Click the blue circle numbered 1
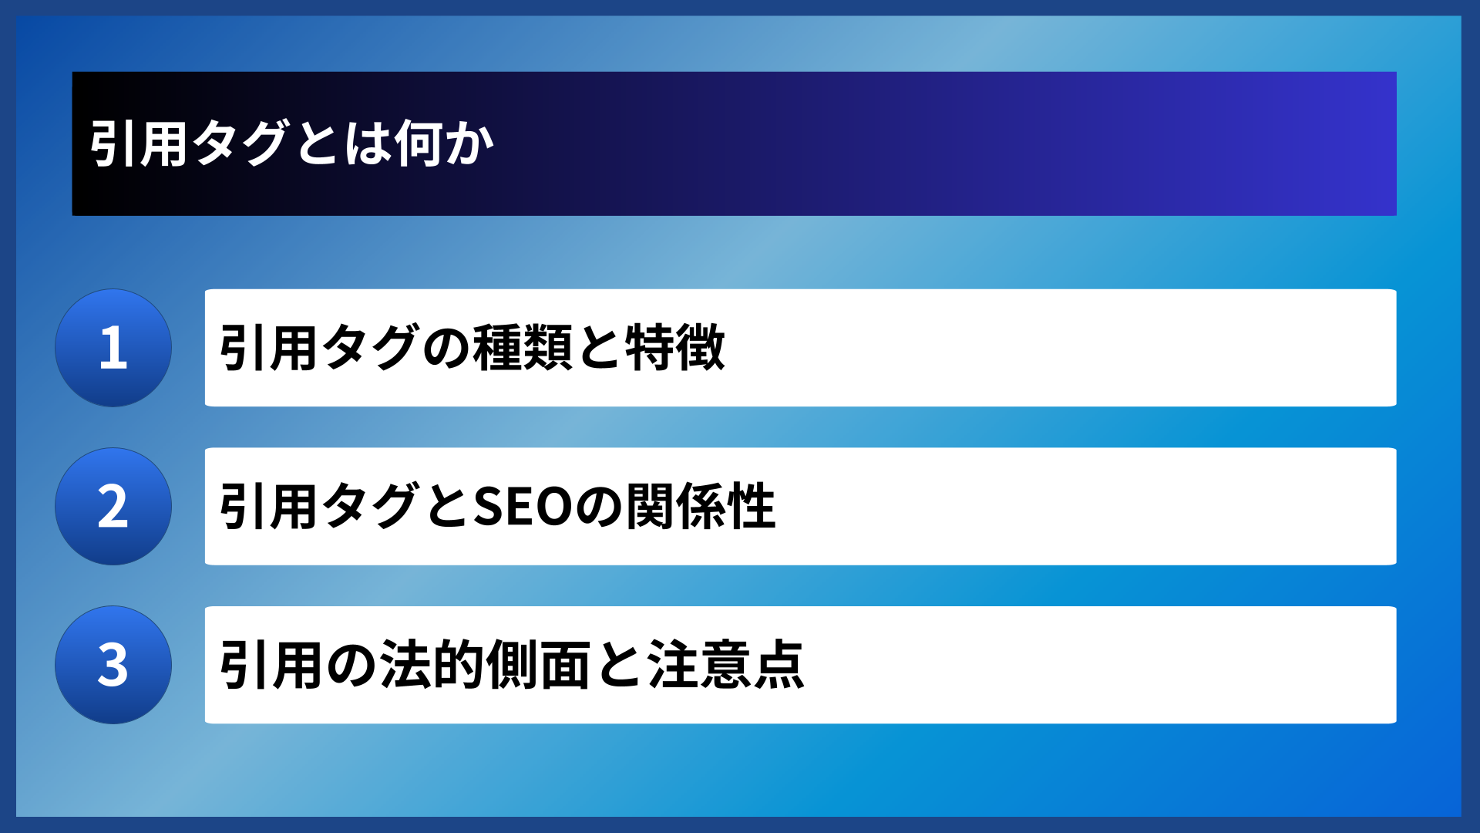tap(113, 348)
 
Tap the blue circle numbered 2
tap(113, 507)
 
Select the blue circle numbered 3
tap(113, 665)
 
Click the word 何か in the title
tap(444, 143)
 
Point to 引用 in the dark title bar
tap(139, 143)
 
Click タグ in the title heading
tap(240, 143)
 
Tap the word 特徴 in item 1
tap(675, 348)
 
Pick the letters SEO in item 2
tap(523, 507)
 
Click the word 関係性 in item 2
tap(701, 507)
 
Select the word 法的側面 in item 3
tap(485, 665)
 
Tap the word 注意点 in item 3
tap(726, 665)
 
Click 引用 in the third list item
tap(269, 665)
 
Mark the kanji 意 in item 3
tap(726, 665)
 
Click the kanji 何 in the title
tap(419, 143)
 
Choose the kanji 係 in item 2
tap(701, 507)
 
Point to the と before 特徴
tap(599, 348)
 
